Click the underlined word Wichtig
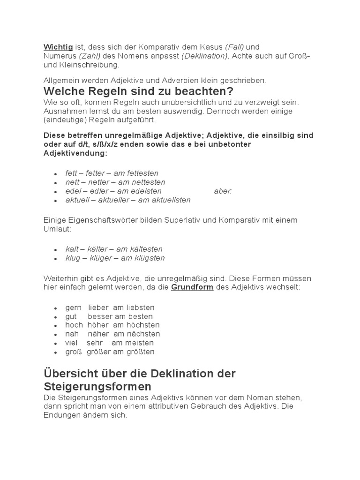point(58,47)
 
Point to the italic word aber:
point(223,191)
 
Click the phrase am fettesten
point(136,173)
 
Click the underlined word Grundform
point(192,287)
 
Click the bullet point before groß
point(56,352)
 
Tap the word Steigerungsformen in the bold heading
point(97,387)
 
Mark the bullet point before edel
point(56,192)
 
